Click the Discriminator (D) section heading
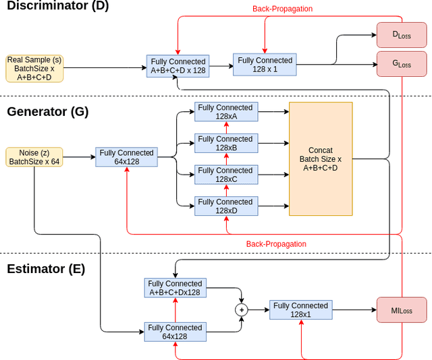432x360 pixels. [x=57, y=7]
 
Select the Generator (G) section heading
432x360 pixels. [x=47, y=112]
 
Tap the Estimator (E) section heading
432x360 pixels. [x=46, y=269]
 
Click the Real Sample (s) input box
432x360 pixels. [x=34, y=69]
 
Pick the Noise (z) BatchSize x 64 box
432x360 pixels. [x=34, y=157]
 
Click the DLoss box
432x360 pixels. [x=402, y=34]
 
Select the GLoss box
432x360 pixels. [x=402, y=65]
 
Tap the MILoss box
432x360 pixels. [x=402, y=311]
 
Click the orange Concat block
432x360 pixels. [x=321, y=159]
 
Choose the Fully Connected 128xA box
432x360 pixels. [x=226, y=112]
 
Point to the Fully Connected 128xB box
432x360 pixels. [x=226, y=144]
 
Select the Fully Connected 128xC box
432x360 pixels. [x=226, y=175]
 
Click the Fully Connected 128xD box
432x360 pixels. [x=226, y=206]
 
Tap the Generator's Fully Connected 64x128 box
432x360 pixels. [x=126, y=157]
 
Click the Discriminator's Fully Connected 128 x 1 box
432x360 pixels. [x=265, y=65]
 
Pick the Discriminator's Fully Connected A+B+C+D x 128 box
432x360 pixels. [x=178, y=66]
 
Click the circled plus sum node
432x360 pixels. [x=242, y=310]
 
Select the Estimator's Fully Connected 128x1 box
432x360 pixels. [x=301, y=310]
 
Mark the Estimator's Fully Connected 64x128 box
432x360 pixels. [x=175, y=332]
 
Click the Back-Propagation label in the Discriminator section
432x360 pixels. [x=282, y=9]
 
